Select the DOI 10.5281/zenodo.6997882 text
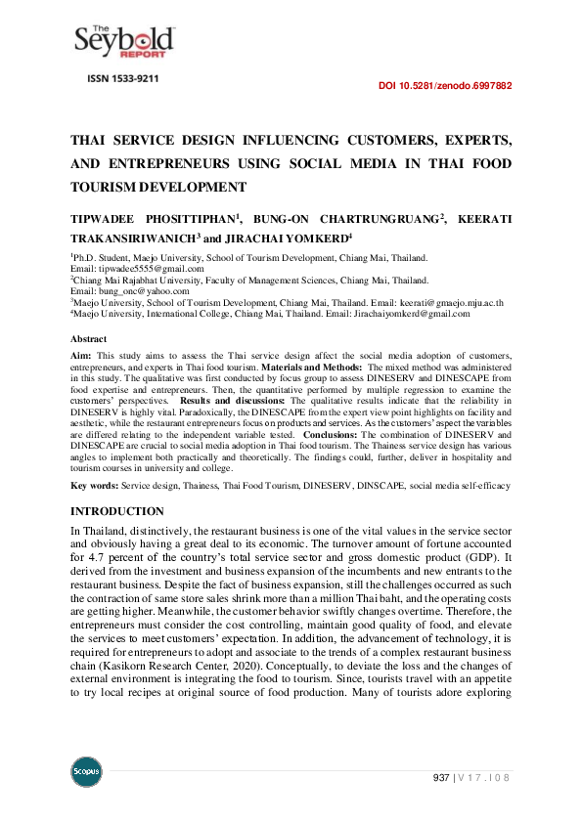[444, 86]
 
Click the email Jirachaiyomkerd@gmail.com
[408, 314]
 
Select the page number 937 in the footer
[441, 777]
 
